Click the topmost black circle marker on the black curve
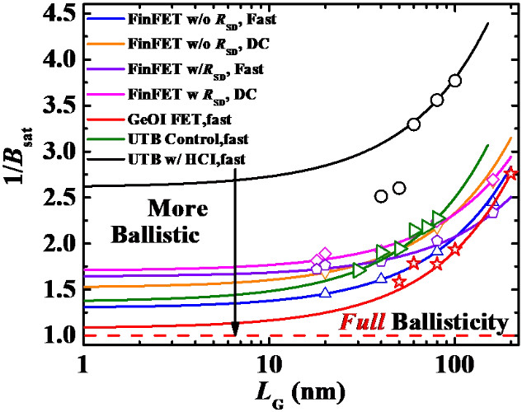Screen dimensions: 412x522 [455, 81]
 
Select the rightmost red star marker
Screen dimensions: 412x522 [511, 174]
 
